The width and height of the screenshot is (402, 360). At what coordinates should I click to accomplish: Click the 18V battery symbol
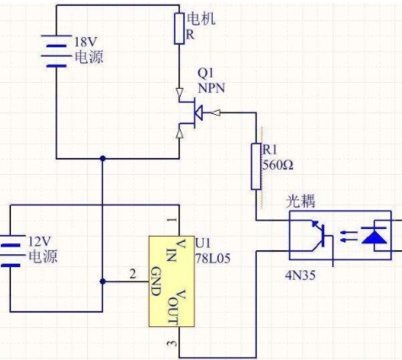pyautogui.click(x=56, y=51)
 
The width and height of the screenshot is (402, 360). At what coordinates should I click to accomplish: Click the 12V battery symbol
pyautogui.click(x=11, y=250)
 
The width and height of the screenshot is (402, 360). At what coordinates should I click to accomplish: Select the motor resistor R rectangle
pyautogui.click(x=179, y=29)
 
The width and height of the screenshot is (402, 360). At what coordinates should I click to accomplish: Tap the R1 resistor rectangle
pyautogui.click(x=256, y=166)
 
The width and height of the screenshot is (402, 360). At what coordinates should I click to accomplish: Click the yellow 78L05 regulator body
pyautogui.click(x=171, y=281)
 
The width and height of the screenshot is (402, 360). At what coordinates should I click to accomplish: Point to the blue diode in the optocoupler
pyautogui.click(x=374, y=236)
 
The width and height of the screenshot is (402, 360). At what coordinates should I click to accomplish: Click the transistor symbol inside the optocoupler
pyautogui.click(x=320, y=238)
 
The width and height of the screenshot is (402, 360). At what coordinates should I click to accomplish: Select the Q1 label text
pyautogui.click(x=205, y=74)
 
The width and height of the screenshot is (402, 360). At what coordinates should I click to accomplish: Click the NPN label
pyautogui.click(x=211, y=88)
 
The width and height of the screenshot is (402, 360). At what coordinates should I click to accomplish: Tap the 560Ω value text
pyautogui.click(x=278, y=166)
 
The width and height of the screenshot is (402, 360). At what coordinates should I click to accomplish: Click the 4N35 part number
pyautogui.click(x=301, y=275)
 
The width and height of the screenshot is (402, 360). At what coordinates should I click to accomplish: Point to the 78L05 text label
pyautogui.click(x=213, y=259)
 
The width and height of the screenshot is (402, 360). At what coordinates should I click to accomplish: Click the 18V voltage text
pyautogui.click(x=85, y=42)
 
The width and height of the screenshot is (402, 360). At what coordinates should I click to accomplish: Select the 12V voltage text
pyautogui.click(x=40, y=242)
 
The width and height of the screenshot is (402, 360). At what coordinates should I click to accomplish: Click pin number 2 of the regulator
pyautogui.click(x=133, y=274)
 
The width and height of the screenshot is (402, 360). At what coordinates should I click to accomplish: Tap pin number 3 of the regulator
pyautogui.click(x=172, y=344)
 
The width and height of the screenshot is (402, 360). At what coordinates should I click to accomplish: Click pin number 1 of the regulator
pyautogui.click(x=172, y=220)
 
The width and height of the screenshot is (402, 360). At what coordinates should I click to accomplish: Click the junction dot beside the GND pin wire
pyautogui.click(x=103, y=281)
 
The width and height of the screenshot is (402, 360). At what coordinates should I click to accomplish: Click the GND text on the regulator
pyautogui.click(x=155, y=281)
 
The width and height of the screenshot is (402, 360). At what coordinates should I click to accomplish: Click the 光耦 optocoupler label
pyautogui.click(x=301, y=201)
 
